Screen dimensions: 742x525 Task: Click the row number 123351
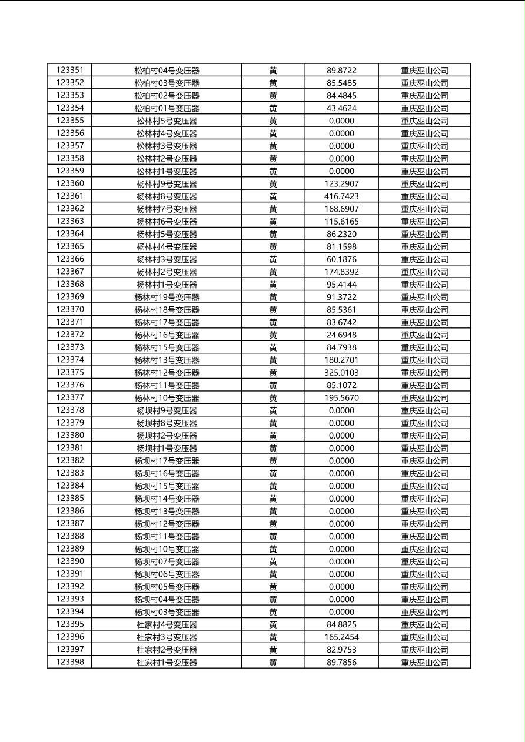[70, 70]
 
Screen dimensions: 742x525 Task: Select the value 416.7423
[341, 196]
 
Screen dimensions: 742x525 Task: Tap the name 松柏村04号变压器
[167, 71]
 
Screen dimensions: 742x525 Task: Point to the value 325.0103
[341, 373]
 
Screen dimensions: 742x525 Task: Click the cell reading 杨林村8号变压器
[167, 196]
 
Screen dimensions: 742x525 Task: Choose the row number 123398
[70, 662]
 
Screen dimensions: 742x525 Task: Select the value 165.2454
[341, 637]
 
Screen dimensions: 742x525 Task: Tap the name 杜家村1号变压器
[167, 663]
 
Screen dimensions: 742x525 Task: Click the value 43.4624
[341, 108]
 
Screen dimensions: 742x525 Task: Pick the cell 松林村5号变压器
[167, 121]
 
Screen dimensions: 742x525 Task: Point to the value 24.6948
[341, 335]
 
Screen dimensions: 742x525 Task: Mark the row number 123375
[70, 372]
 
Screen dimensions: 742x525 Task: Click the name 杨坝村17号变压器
[167, 461]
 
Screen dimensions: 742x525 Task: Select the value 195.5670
[341, 398]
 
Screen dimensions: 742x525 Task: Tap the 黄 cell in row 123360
[273, 184]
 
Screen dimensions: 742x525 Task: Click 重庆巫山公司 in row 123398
[424, 663]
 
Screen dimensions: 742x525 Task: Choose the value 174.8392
[341, 272]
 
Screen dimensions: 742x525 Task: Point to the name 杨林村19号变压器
[167, 298]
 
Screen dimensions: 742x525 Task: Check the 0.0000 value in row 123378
[341, 410]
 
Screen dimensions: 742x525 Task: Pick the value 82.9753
[341, 650]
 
